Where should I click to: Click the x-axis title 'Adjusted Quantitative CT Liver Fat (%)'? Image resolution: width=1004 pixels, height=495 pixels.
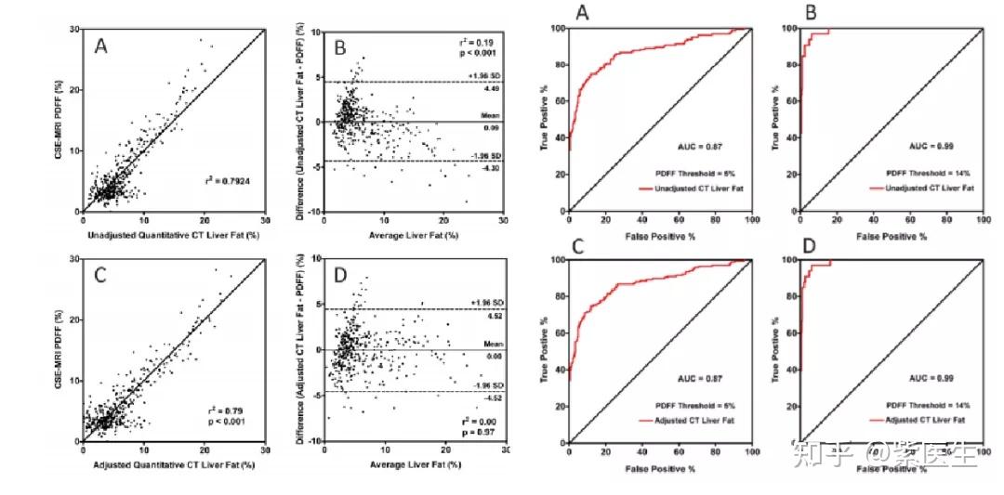coord(173,463)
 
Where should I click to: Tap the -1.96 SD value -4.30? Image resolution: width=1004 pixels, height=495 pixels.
coord(491,169)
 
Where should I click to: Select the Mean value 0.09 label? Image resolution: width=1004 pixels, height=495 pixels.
coord(492,125)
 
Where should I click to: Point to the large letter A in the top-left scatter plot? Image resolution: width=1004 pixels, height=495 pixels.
coord(103,46)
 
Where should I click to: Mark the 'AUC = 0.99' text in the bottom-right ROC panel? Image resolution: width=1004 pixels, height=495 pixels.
coord(930,379)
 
